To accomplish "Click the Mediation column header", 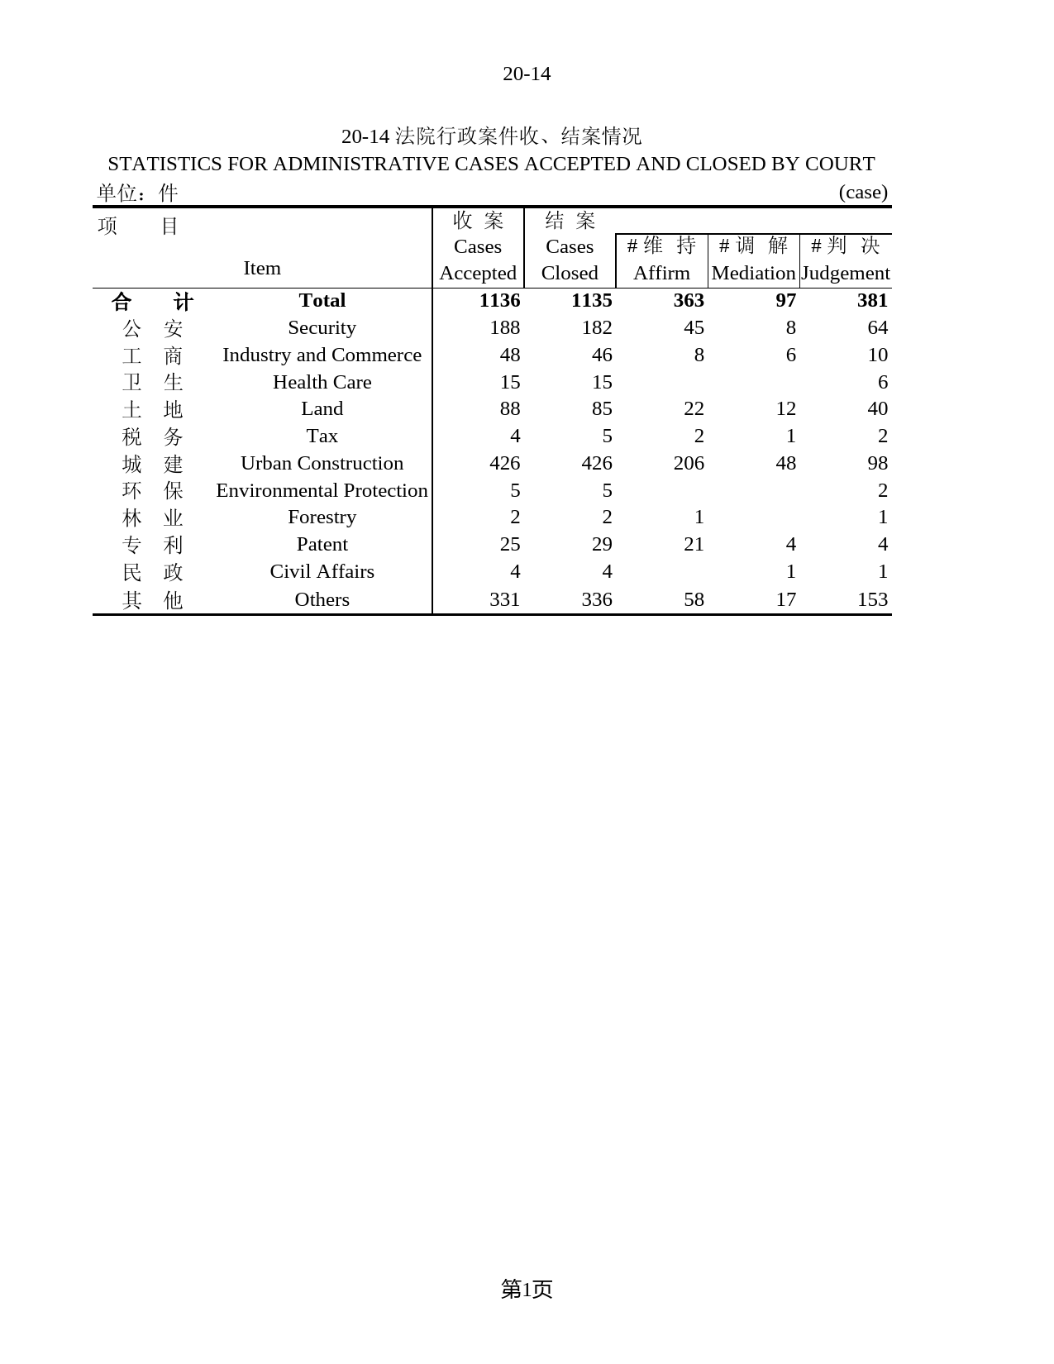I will click(x=753, y=273).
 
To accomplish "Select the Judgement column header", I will click(x=846, y=273).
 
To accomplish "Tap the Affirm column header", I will click(x=661, y=273).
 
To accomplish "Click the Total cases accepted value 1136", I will click(x=499, y=300).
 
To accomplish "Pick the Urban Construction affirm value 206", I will click(x=689, y=463).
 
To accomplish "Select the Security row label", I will click(x=322, y=327).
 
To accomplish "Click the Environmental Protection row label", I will click(x=322, y=490).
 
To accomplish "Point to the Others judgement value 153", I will click(x=872, y=599).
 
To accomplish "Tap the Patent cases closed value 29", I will click(x=602, y=544).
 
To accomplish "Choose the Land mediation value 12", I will click(x=785, y=408).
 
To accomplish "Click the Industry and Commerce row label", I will click(x=322, y=355).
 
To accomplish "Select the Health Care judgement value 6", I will click(x=882, y=382).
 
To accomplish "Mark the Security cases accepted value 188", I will click(x=504, y=327).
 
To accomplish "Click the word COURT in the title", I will click(x=840, y=164).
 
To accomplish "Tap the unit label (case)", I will click(x=863, y=193).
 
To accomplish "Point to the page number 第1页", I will click(x=527, y=1289).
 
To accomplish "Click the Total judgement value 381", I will click(x=872, y=300).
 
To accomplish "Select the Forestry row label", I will click(x=322, y=517).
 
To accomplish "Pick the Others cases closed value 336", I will click(x=596, y=599).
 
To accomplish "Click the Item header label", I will click(x=262, y=268).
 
